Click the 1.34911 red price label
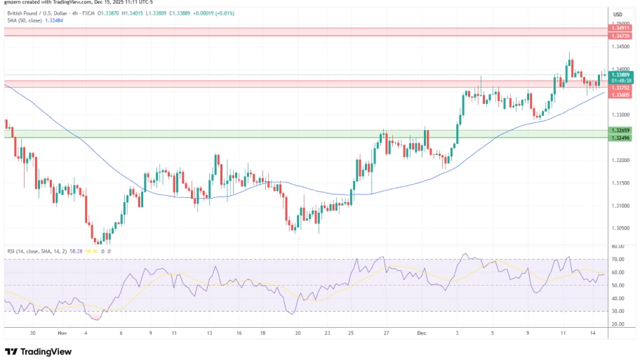620,29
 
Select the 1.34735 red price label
620,35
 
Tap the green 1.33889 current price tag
620,74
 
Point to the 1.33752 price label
620,88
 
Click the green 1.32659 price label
620,131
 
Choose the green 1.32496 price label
620,138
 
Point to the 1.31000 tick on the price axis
620,206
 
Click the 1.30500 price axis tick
620,228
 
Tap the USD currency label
618,15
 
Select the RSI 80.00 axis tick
618,246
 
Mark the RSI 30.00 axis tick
618,311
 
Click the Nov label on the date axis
62,335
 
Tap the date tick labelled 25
351,335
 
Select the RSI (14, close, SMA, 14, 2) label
36,251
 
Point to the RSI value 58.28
77,251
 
